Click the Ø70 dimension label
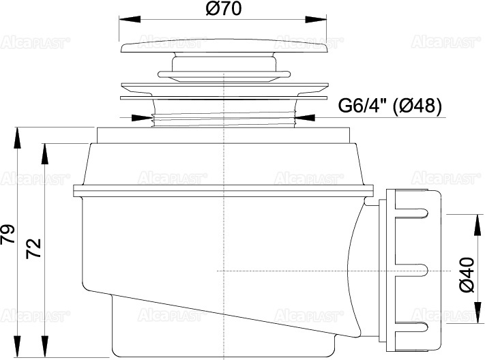223,10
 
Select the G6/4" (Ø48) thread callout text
390,105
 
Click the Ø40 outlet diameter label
467,275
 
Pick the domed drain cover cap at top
223,48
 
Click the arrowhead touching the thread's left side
145,117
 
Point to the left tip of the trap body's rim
73,190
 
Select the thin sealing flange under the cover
223,88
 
